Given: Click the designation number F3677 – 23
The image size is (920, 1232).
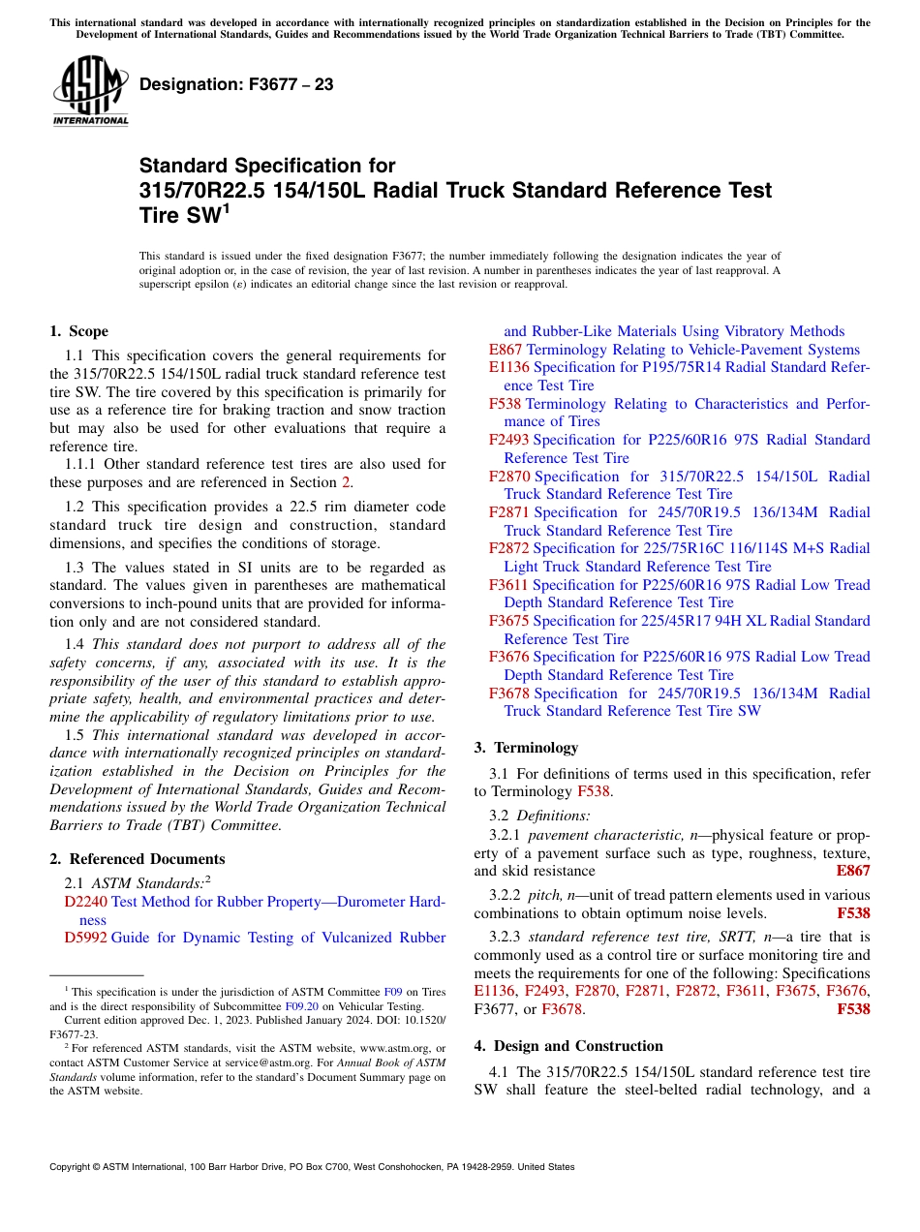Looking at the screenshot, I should [236, 85].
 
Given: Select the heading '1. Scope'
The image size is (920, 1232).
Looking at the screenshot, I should [79, 331].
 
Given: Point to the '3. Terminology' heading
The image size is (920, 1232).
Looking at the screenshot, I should [526, 748].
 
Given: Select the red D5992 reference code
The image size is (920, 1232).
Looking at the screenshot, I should [85, 938].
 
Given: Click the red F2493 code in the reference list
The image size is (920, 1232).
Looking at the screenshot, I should [509, 440].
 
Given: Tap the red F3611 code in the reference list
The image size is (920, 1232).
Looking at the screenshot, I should [508, 585].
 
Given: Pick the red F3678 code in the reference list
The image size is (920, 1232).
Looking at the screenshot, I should [509, 693].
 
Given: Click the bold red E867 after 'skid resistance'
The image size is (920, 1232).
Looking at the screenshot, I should [853, 871].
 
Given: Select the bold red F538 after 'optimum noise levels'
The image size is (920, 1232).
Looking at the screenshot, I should [853, 912].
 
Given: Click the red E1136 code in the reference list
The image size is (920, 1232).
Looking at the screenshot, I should [509, 367].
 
